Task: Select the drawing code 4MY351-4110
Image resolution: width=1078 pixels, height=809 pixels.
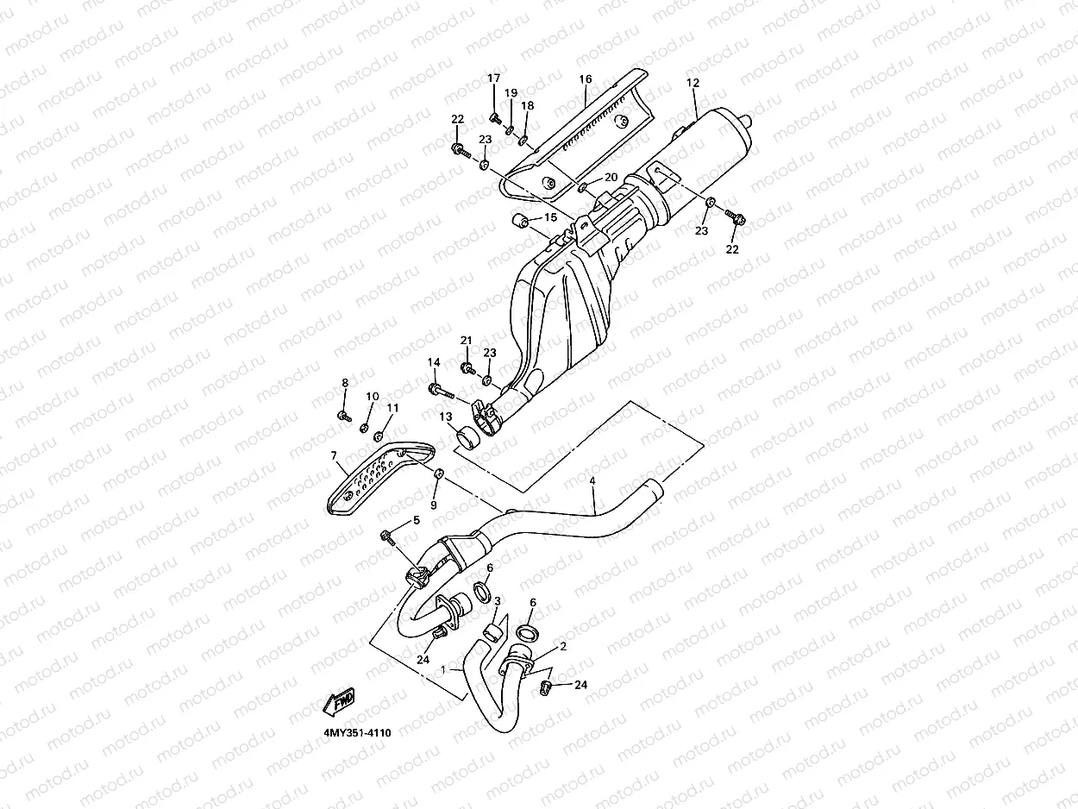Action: pyautogui.click(x=357, y=732)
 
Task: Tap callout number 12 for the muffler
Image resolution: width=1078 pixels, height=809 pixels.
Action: pyautogui.click(x=693, y=84)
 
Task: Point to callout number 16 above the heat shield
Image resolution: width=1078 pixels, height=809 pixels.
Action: pyautogui.click(x=586, y=79)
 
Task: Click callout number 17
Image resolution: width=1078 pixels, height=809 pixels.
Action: pyautogui.click(x=494, y=78)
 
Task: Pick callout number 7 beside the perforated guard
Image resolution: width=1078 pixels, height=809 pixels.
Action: pyautogui.click(x=333, y=455)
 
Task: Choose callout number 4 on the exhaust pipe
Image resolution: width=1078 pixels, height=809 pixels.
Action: pyautogui.click(x=592, y=480)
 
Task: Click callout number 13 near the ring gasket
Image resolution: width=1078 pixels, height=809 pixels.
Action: pyautogui.click(x=446, y=417)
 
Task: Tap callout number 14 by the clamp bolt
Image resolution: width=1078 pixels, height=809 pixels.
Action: pyautogui.click(x=434, y=362)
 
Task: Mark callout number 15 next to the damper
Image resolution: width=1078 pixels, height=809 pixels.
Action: pyautogui.click(x=550, y=217)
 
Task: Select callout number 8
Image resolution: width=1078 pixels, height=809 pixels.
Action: pyautogui.click(x=345, y=383)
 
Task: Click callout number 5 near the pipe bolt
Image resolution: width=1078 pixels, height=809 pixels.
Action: pyautogui.click(x=416, y=520)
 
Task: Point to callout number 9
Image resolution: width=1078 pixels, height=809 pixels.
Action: pyautogui.click(x=434, y=505)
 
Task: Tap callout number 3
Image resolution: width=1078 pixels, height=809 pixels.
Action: pyautogui.click(x=498, y=600)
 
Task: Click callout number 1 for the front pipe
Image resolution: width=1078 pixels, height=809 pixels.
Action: pyautogui.click(x=443, y=668)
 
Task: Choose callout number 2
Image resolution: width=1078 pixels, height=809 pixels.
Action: pyautogui.click(x=563, y=645)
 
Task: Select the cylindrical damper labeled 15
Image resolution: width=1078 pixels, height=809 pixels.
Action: pyautogui.click(x=522, y=221)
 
